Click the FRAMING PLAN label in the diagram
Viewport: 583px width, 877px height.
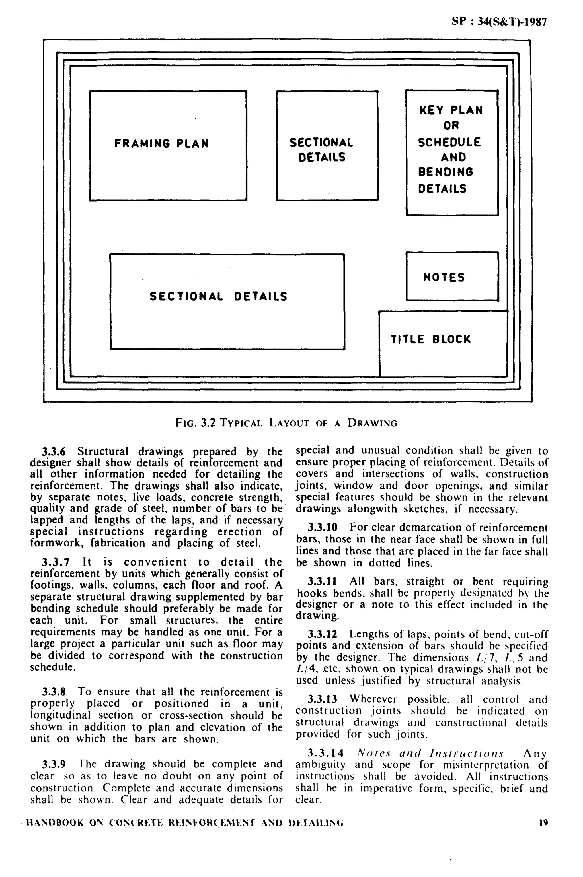[161, 143]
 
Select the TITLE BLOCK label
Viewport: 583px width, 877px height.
[430, 339]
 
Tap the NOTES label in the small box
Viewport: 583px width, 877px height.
[444, 277]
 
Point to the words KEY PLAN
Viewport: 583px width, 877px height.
[451, 110]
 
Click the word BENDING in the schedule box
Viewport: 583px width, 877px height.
[446, 172]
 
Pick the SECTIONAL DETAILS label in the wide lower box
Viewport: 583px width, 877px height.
[218, 296]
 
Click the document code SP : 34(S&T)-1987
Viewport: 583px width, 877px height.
[499, 22]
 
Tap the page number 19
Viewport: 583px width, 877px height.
[543, 823]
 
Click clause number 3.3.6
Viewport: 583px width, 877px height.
[54, 452]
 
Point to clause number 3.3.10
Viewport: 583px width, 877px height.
[322, 527]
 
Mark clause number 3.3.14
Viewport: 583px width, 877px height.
[325, 753]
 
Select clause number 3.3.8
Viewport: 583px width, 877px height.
[54, 692]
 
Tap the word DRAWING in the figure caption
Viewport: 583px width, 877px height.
[372, 423]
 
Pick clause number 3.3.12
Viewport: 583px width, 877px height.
[322, 634]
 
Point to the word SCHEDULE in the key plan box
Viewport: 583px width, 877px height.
[449, 142]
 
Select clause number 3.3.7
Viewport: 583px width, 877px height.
[54, 562]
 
